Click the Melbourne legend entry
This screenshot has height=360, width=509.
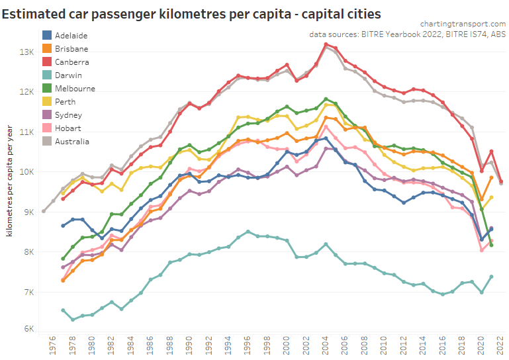[75, 88]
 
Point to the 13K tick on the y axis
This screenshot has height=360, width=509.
[27, 52]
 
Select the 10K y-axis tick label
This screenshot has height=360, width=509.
[27, 172]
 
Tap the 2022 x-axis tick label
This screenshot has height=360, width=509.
[501, 346]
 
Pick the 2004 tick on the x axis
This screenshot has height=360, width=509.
[326, 346]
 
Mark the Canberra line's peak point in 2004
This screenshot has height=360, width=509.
[326, 44]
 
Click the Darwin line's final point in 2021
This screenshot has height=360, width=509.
[491, 277]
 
